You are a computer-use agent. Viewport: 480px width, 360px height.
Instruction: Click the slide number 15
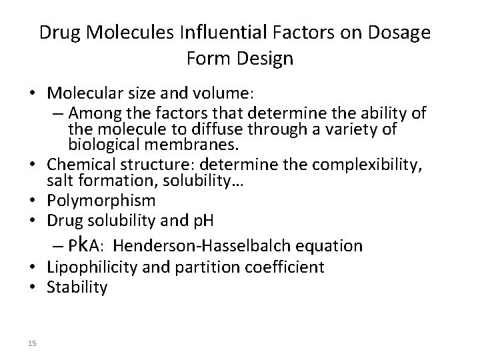[33, 343]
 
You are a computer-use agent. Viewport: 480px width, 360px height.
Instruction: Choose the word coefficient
[288, 267]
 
